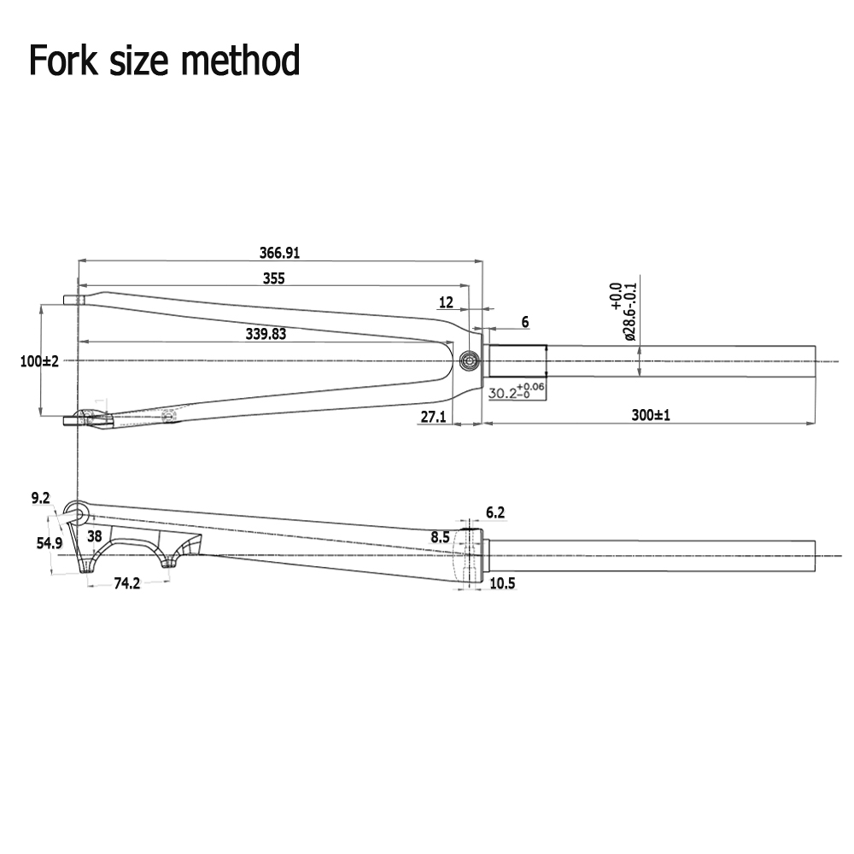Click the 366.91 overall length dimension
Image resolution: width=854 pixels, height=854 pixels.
279,252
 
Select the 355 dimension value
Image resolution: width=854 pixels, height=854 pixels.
273,278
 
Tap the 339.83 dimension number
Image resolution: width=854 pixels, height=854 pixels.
266,334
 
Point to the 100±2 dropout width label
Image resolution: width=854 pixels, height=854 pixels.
39,361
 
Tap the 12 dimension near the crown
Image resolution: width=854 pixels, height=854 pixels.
446,302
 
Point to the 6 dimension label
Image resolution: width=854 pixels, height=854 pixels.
524,322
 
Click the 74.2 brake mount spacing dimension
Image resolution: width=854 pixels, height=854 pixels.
126,583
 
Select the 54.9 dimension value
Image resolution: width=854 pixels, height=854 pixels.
49,543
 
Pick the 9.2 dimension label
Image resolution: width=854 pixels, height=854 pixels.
40,497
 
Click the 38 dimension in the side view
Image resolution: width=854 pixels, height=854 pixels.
94,536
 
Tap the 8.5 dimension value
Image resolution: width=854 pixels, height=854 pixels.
440,537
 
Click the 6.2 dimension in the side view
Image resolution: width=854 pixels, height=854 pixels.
495,512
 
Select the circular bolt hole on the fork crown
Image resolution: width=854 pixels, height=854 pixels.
468,360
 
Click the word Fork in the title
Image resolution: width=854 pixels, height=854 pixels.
61,61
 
